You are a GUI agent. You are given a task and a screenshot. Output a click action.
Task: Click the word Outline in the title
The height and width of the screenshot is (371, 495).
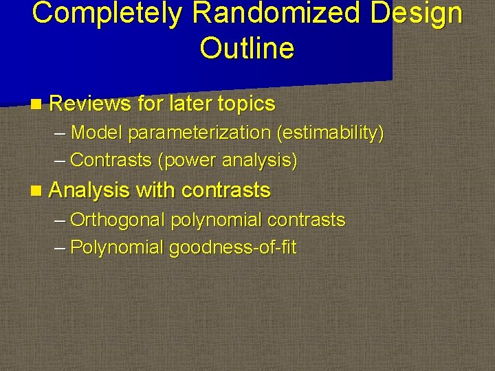pos(247,48)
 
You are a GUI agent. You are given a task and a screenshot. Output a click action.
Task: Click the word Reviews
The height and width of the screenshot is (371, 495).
pos(90,104)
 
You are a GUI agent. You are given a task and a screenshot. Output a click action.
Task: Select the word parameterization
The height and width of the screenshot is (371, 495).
pos(199,132)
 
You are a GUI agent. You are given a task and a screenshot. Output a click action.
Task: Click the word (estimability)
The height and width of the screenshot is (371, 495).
pos(330,132)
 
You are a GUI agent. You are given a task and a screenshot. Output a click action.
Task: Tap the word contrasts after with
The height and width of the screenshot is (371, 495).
pos(226,190)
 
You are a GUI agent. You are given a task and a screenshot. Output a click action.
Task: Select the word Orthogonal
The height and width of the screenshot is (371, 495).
pos(118,220)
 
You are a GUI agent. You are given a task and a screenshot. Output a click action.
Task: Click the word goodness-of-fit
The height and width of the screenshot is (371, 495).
pos(233,247)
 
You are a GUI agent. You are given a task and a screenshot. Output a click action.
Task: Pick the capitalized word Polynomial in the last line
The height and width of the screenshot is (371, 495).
pos(117,247)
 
